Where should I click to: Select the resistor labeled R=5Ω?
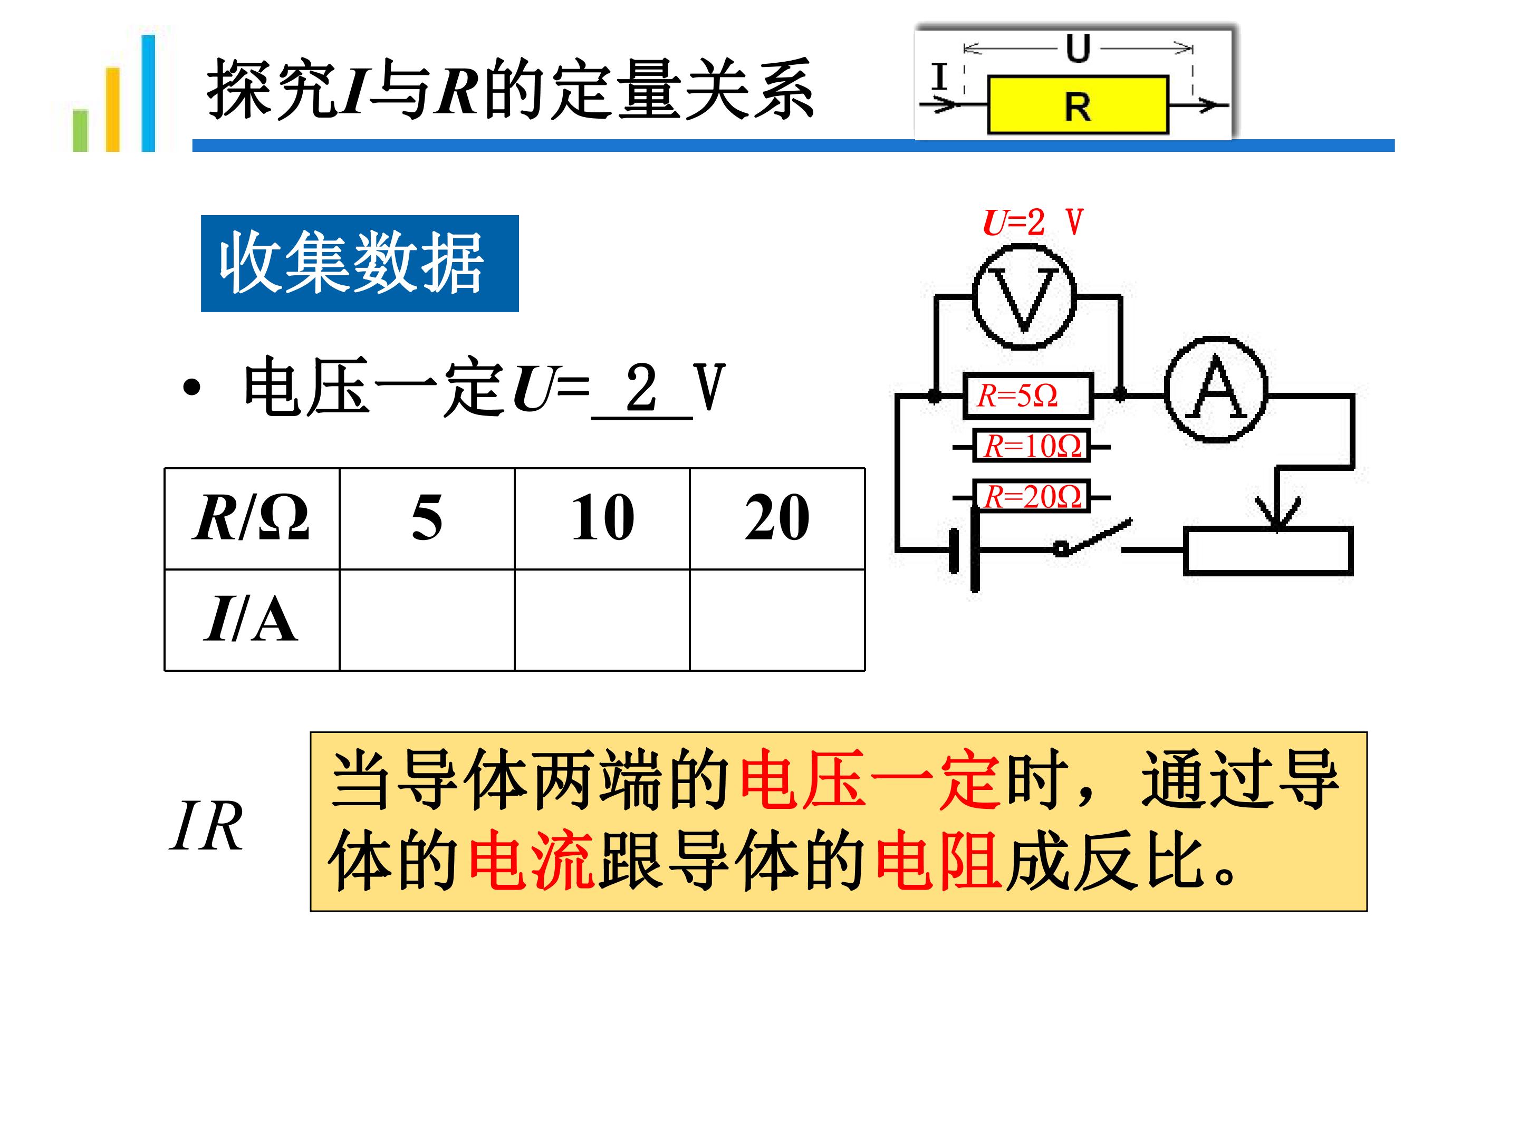point(1028,395)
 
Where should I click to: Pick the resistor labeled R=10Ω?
point(1032,446)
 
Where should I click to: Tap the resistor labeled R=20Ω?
point(1032,496)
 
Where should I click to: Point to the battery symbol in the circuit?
point(964,549)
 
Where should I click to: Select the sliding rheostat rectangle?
point(1268,551)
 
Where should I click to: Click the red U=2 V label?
point(1033,222)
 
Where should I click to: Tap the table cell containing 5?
point(427,518)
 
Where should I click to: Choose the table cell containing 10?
point(602,518)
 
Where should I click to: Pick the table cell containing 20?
point(777,518)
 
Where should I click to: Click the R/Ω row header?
point(252,518)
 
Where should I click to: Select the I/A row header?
point(252,620)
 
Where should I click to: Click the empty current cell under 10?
point(602,620)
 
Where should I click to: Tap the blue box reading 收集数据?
point(360,264)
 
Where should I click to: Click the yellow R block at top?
point(1078,105)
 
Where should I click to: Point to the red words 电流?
point(532,861)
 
